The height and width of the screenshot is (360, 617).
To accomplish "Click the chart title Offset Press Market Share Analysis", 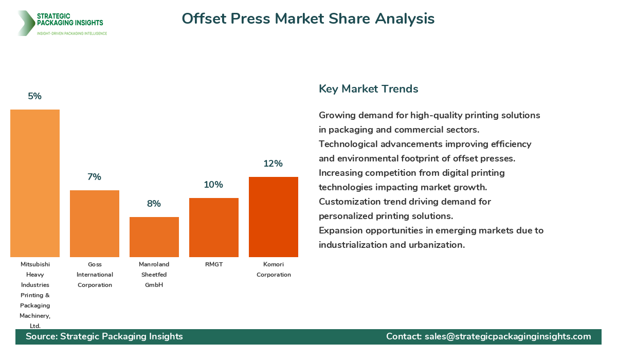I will coord(308,19).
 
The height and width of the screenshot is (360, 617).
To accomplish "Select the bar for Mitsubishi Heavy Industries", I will coord(35,183).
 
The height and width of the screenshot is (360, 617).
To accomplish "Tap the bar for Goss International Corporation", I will coord(95,224).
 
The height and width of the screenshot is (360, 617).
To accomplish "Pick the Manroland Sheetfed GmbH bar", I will coord(154,237).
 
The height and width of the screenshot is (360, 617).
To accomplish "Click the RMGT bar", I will coord(214,227).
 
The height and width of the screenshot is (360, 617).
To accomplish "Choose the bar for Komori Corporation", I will coord(274,217).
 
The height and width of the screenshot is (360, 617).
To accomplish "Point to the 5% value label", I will coord(35,96).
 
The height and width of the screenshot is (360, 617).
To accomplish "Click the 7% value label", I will coord(95,177).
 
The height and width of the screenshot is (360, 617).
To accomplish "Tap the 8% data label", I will coord(154,204).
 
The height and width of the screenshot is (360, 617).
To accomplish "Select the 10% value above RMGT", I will coord(213,185).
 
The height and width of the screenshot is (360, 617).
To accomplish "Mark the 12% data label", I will coord(274,164).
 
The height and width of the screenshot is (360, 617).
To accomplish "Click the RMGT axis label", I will coord(214,264).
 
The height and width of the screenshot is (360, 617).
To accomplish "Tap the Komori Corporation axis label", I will coord(274,269).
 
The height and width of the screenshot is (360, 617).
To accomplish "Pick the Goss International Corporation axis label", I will coord(95,275).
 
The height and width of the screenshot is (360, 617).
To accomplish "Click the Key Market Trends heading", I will coord(368,88).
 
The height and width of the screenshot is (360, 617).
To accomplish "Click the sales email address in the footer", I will coord(507,336).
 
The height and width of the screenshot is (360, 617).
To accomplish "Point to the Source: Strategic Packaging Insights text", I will coord(104,336).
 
